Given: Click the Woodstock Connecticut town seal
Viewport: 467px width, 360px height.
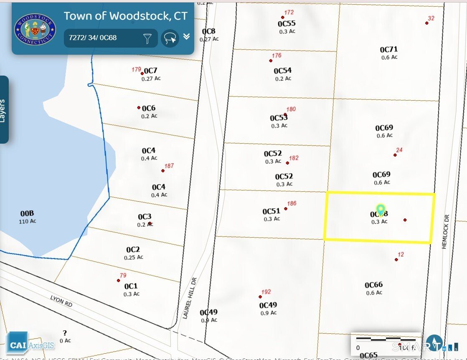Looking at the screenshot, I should click(x=35, y=28).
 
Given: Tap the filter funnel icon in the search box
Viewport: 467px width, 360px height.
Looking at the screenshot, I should click(x=147, y=38).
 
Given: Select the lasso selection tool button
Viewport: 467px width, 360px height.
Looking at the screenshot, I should click(x=170, y=38).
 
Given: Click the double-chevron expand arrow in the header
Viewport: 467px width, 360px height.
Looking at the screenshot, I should click(x=187, y=37).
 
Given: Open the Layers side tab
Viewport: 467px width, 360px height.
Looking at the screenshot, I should click(x=4, y=110).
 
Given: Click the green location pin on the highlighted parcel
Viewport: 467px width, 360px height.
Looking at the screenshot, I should click(x=380, y=209).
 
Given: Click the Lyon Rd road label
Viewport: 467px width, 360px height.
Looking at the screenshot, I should click(x=61, y=302).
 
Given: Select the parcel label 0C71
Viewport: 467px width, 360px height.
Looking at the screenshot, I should click(x=388, y=50).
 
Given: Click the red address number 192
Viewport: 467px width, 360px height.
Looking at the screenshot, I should click(x=266, y=292).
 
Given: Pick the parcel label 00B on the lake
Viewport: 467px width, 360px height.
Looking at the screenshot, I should click(x=27, y=214).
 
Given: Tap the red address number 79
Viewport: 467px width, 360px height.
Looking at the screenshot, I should click(x=123, y=275).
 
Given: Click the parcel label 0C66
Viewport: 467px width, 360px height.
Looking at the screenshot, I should click(x=373, y=285).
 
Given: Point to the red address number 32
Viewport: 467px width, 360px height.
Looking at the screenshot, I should click(x=431, y=18).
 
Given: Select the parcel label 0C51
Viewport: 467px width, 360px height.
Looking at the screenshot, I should click(x=271, y=211).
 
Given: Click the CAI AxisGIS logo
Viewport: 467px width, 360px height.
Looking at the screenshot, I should click(x=30, y=344).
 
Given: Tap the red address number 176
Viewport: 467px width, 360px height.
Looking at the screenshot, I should click(x=277, y=55).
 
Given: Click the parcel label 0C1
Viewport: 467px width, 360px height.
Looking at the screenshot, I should click(x=131, y=286).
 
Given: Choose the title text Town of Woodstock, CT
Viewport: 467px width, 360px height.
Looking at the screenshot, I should click(x=126, y=16).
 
